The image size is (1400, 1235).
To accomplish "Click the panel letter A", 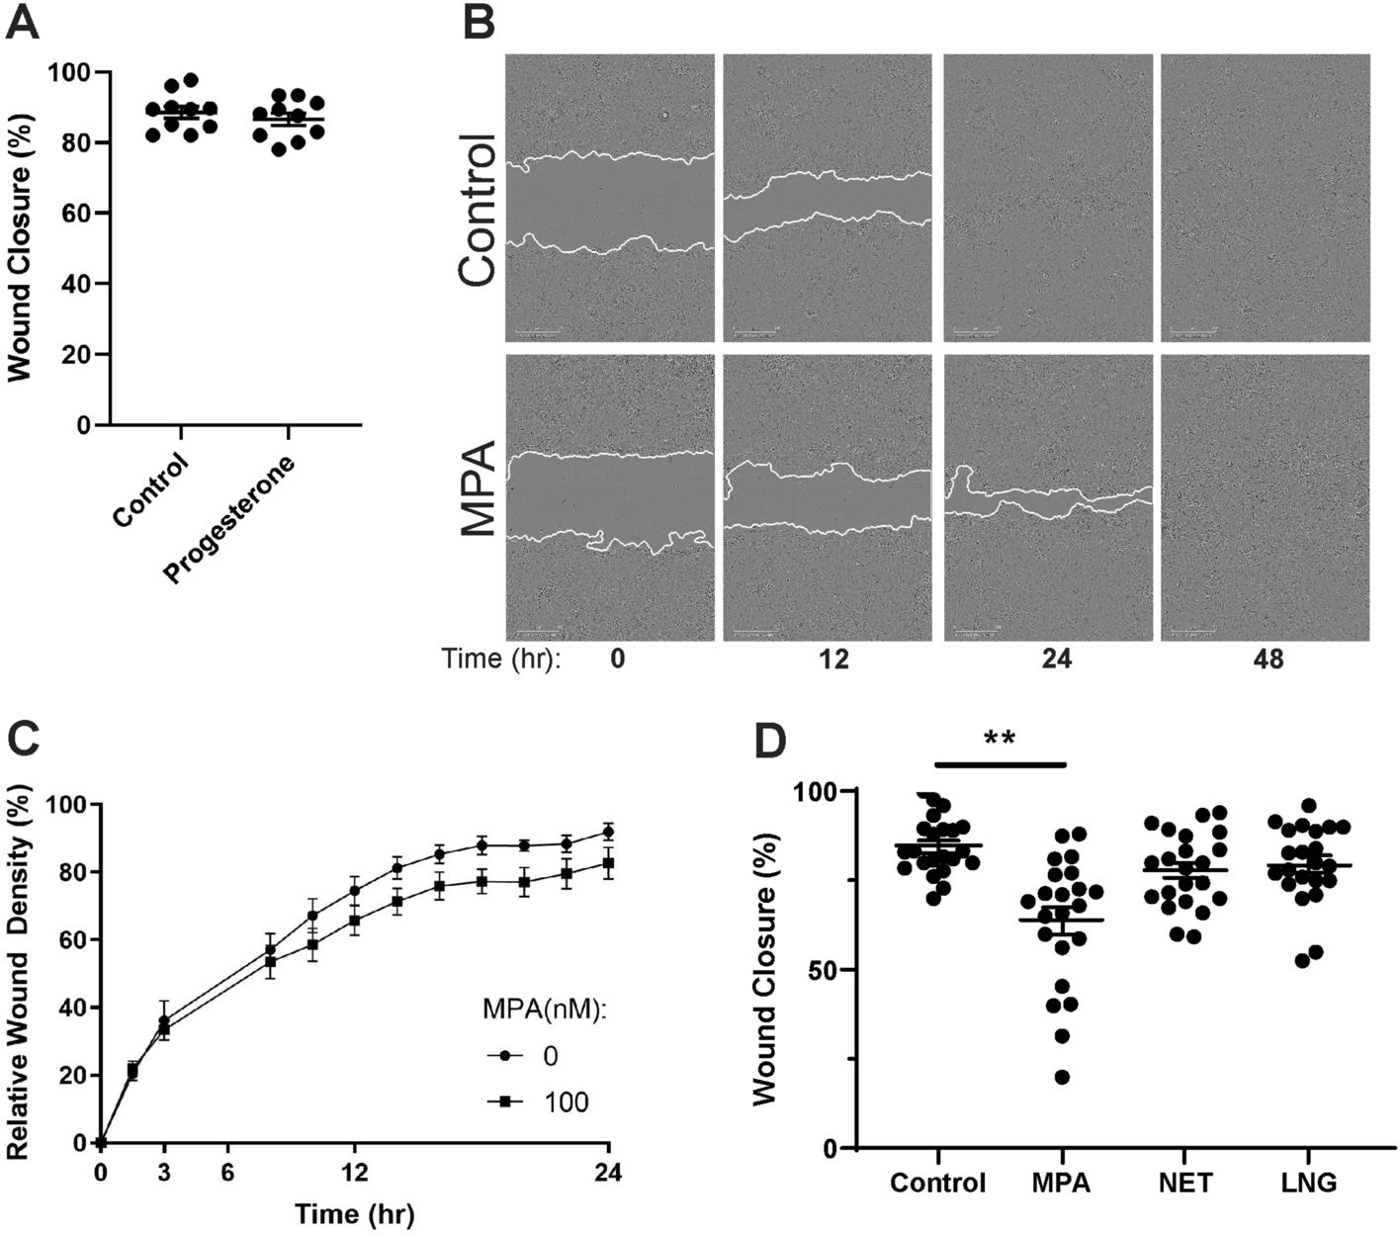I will click(23, 22).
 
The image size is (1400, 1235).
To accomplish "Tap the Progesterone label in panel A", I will click(229, 519).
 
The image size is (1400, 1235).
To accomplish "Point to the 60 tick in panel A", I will click(70, 214).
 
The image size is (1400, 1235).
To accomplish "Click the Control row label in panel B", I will click(478, 210).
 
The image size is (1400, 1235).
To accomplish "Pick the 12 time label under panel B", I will click(833, 659).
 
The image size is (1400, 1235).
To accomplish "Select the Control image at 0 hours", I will click(609, 198).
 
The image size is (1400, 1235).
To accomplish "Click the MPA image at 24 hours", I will click(1048, 497).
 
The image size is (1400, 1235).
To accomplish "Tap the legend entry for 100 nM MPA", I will click(538, 1102).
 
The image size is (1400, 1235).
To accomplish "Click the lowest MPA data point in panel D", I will click(1062, 1077).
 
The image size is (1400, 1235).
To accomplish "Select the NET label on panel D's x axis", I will click(1185, 1183).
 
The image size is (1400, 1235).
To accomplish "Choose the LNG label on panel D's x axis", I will click(1308, 1183).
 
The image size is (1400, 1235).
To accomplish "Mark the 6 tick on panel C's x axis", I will click(227, 1172).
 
